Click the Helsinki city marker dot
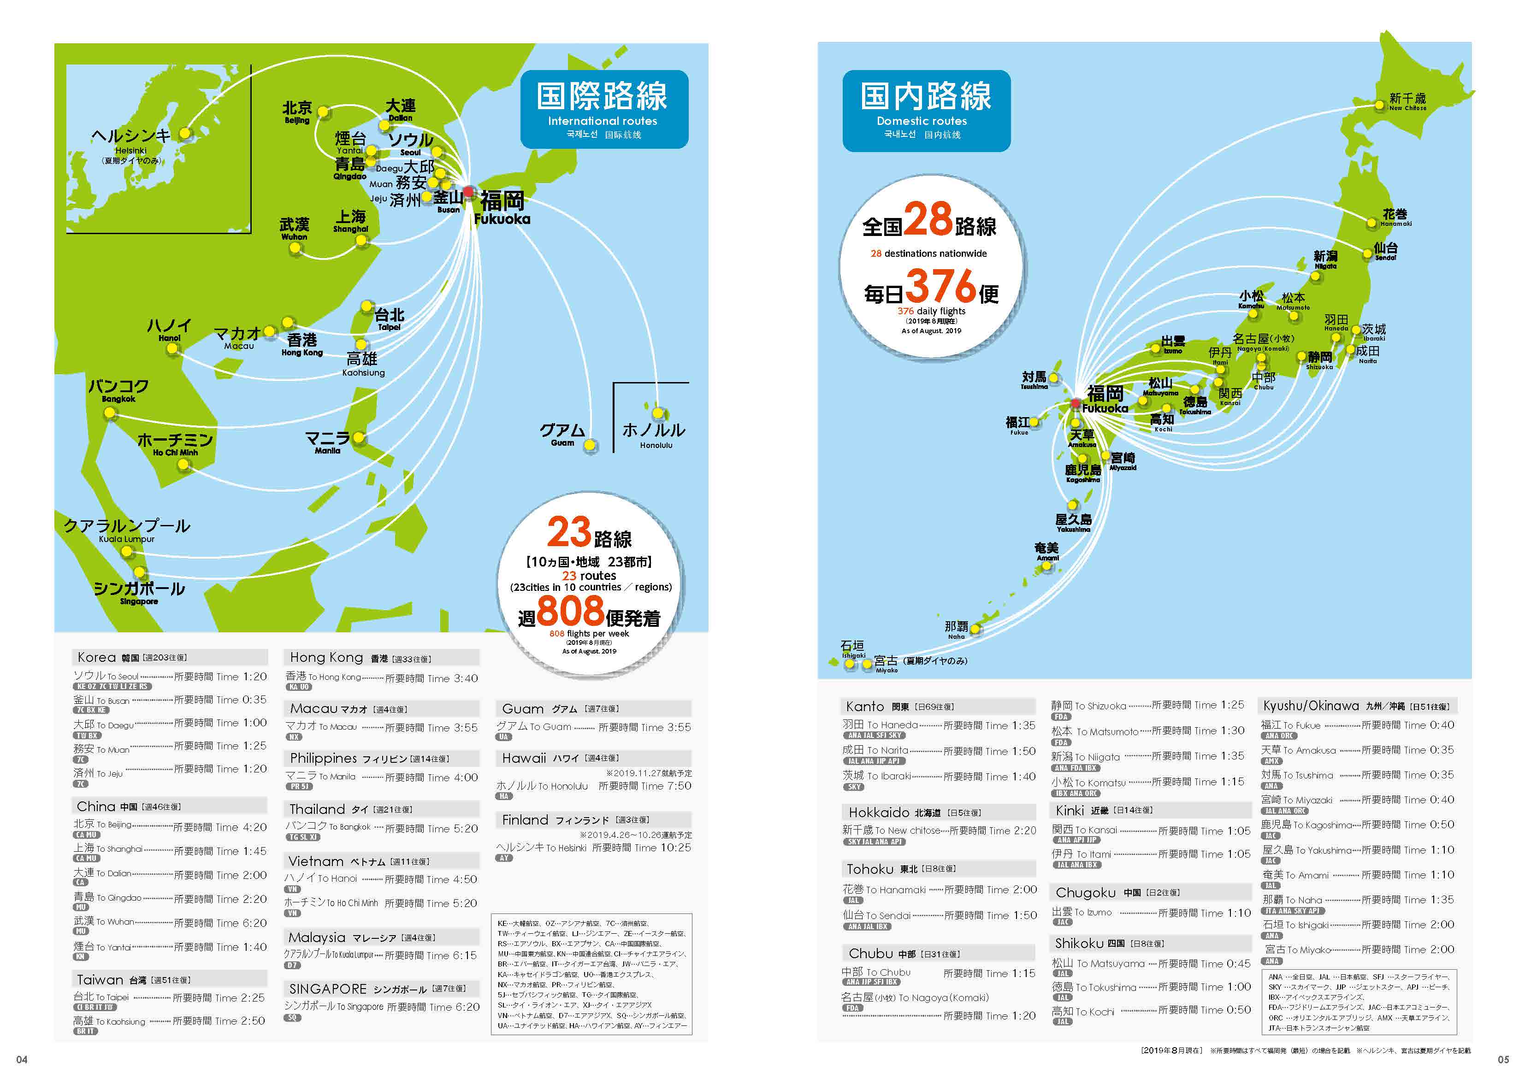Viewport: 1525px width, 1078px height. (185, 134)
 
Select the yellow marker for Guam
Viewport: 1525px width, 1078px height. (590, 445)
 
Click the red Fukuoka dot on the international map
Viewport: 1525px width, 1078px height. (469, 192)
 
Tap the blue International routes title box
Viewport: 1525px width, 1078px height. (604, 109)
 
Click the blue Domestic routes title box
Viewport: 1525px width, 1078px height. (926, 110)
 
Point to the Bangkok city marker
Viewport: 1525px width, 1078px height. (110, 413)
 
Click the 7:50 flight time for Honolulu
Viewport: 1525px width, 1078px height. (679, 786)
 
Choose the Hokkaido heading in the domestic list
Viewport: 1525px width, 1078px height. (879, 813)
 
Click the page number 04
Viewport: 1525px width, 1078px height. (22, 1060)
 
